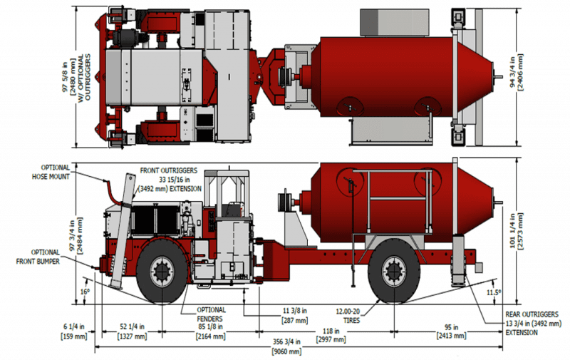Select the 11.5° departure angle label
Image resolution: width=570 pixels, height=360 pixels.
tap(494, 292)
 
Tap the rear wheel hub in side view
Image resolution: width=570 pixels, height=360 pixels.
tap(394, 272)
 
